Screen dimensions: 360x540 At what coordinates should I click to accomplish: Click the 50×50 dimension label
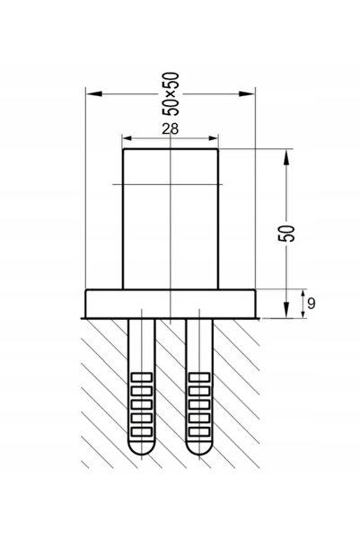click(x=171, y=93)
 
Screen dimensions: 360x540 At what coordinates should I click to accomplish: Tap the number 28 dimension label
click(x=171, y=128)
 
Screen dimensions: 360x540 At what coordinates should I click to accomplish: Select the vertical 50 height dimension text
click(x=286, y=234)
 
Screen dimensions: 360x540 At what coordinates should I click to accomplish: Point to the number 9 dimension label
click(x=311, y=304)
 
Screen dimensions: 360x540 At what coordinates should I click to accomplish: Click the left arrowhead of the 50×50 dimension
click(x=94, y=93)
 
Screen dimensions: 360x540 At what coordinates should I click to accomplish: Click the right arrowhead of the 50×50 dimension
click(x=247, y=93)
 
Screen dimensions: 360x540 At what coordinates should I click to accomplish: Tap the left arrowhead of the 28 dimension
click(x=127, y=138)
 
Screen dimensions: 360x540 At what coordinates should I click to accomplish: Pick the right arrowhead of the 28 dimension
click(x=214, y=138)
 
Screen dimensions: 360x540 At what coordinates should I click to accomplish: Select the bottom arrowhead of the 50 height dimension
click(x=286, y=310)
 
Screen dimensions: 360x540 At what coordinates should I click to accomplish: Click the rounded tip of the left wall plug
click(x=142, y=447)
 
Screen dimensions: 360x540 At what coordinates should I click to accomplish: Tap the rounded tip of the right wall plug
click(x=199, y=447)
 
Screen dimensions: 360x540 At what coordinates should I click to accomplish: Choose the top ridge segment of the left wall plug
click(x=142, y=377)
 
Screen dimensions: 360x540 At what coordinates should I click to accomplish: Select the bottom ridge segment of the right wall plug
click(x=199, y=431)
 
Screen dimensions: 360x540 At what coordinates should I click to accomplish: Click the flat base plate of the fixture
click(x=171, y=304)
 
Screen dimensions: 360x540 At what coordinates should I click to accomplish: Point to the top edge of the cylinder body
click(x=171, y=149)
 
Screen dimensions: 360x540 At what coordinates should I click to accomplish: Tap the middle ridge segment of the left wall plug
click(x=142, y=404)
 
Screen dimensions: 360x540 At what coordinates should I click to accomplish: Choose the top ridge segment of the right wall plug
click(x=199, y=377)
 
